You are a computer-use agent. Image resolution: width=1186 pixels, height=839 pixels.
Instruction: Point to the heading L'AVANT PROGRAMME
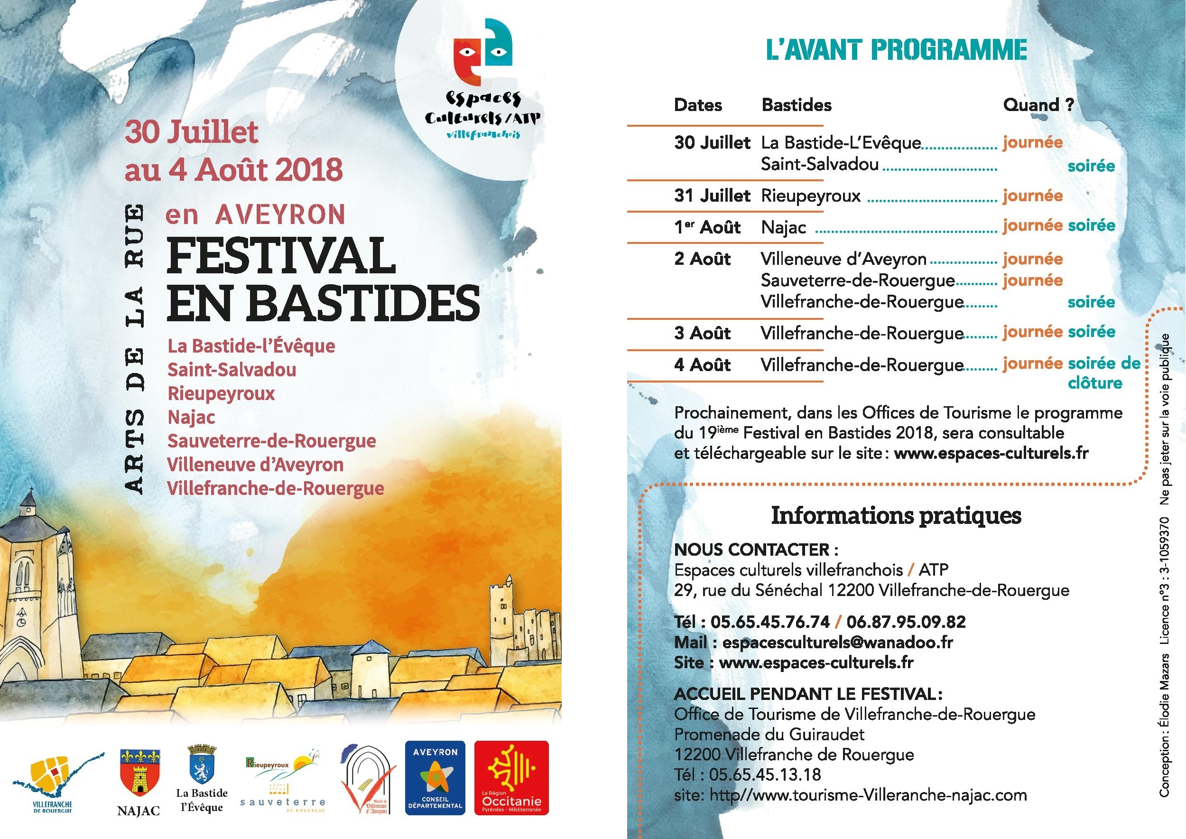coord(896,51)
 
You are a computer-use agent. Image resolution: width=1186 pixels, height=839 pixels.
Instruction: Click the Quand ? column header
coord(1038,105)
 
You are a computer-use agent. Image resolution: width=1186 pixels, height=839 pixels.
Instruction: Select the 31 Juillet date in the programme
coord(712,196)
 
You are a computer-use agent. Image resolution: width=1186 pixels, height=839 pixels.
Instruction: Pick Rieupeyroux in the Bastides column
coord(811,196)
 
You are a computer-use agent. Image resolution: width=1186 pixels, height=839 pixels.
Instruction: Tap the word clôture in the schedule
coord(1094,383)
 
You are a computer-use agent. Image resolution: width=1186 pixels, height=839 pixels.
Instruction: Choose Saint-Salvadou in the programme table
coord(820,164)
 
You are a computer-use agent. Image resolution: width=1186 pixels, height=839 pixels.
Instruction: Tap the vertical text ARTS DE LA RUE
coord(135,351)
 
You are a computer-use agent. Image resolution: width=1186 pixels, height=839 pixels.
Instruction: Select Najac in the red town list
coord(191,418)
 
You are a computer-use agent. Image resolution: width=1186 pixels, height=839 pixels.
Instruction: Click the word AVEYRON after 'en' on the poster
coord(280,215)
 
